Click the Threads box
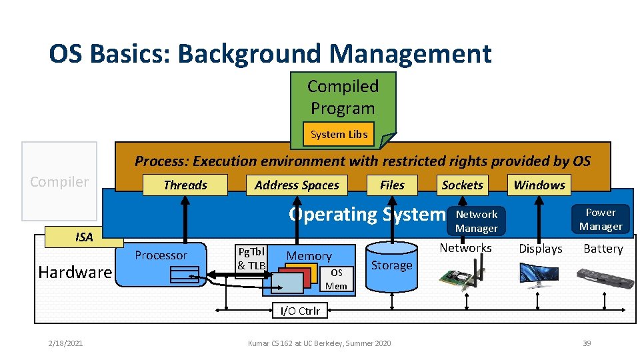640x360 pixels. (185, 185)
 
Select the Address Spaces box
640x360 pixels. (297, 185)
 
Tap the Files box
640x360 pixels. (392, 185)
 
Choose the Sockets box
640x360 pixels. (462, 185)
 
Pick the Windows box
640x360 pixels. (539, 185)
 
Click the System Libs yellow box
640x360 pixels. (339, 134)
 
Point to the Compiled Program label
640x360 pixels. (343, 97)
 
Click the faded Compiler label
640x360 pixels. (59, 181)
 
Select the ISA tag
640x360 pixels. (84, 237)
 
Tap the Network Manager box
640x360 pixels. (476, 221)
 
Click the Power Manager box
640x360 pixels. (600, 219)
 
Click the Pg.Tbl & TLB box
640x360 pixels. (251, 259)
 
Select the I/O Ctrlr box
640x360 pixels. (299, 310)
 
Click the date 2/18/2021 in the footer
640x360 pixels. (65, 343)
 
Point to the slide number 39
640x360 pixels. (586, 343)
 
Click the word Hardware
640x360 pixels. (75, 272)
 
